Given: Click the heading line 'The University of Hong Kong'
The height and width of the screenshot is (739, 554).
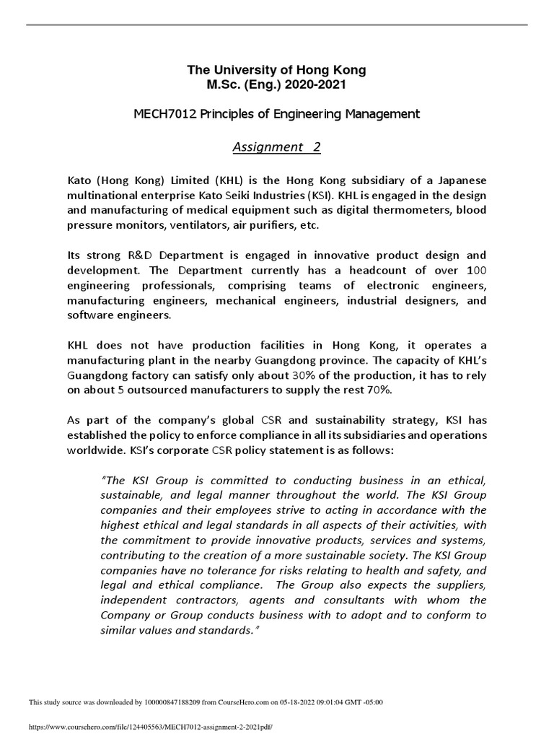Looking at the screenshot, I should pyautogui.click(x=277, y=70).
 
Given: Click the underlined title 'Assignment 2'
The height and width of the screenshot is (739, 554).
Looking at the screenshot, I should pyautogui.click(x=276, y=147).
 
